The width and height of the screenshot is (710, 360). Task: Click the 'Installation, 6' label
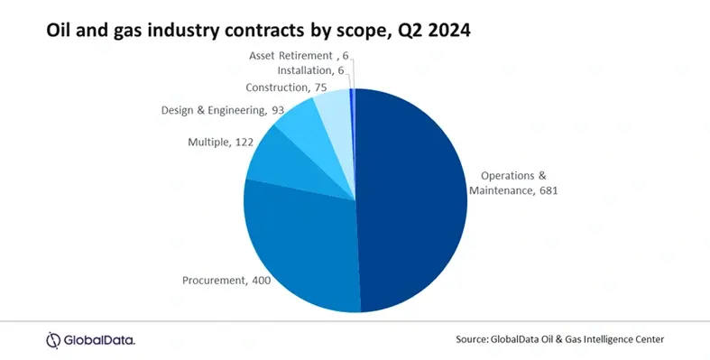(309, 69)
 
